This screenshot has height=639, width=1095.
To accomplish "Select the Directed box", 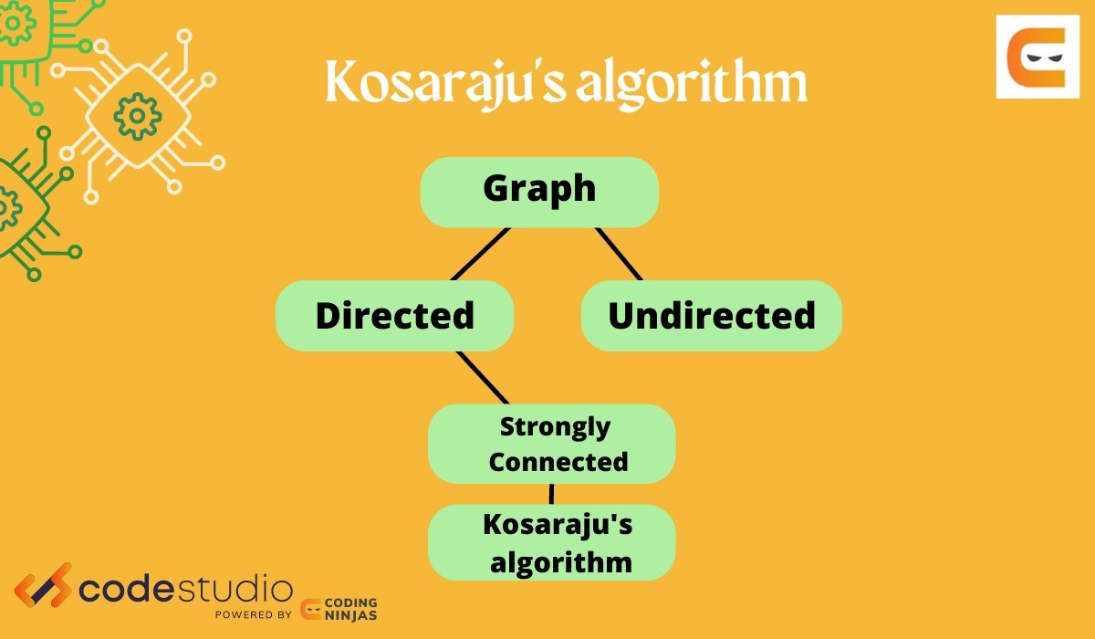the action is [394, 316].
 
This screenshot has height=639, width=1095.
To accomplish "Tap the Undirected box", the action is [711, 316].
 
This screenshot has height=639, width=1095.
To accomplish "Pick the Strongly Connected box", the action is [551, 444].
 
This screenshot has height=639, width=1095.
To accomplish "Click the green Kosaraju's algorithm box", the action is [551, 542].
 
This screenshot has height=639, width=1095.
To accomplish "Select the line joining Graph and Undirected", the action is [619, 254].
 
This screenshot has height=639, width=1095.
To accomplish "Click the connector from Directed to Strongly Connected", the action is [482, 377].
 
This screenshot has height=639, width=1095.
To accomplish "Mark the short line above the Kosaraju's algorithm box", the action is [551, 494].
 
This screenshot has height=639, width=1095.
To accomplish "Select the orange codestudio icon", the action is [43, 589].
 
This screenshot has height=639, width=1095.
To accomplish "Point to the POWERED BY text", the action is [254, 614].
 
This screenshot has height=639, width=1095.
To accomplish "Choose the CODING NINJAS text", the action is [352, 609].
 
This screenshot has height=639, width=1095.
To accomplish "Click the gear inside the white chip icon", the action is [137, 116].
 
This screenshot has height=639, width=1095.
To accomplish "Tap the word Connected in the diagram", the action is [558, 461].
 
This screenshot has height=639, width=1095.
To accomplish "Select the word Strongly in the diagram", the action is [555, 426].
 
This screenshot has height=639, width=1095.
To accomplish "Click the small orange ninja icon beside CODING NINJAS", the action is [311, 609].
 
